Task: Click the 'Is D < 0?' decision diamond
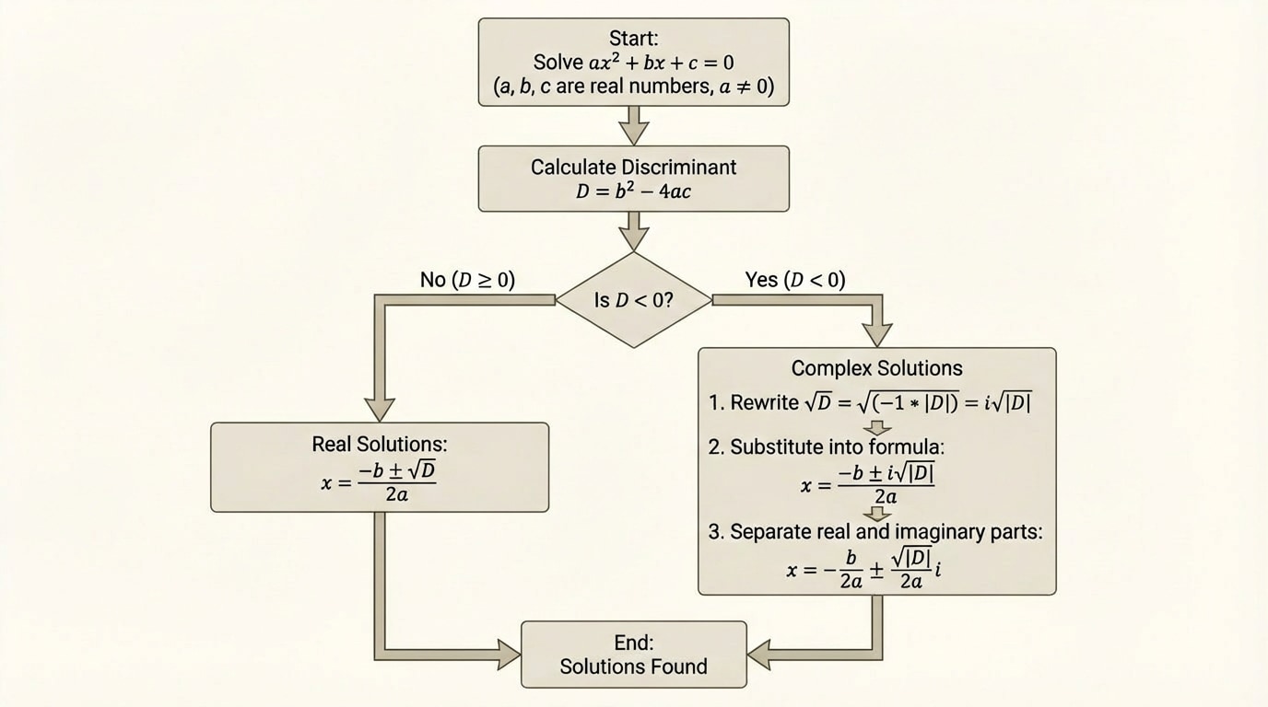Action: [x=633, y=300]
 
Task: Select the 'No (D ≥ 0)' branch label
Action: [x=467, y=280]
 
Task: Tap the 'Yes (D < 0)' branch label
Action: [x=794, y=280]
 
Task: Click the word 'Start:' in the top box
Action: [x=634, y=39]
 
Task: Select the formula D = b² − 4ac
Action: [x=633, y=191]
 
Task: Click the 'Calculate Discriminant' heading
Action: [x=633, y=168]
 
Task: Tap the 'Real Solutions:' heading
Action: [x=380, y=444]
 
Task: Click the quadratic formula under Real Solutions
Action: [x=379, y=481]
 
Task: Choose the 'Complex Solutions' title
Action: [x=876, y=368]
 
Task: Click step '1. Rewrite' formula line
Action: [x=870, y=402]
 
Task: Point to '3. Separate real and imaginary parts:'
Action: [x=875, y=532]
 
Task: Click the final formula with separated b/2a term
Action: [x=864, y=570]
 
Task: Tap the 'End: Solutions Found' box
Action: [x=633, y=655]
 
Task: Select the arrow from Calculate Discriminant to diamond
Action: [x=633, y=231]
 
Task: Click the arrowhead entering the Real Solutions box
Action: [x=380, y=409]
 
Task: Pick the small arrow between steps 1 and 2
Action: [x=877, y=428]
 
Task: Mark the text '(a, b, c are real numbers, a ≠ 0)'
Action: [x=634, y=88]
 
